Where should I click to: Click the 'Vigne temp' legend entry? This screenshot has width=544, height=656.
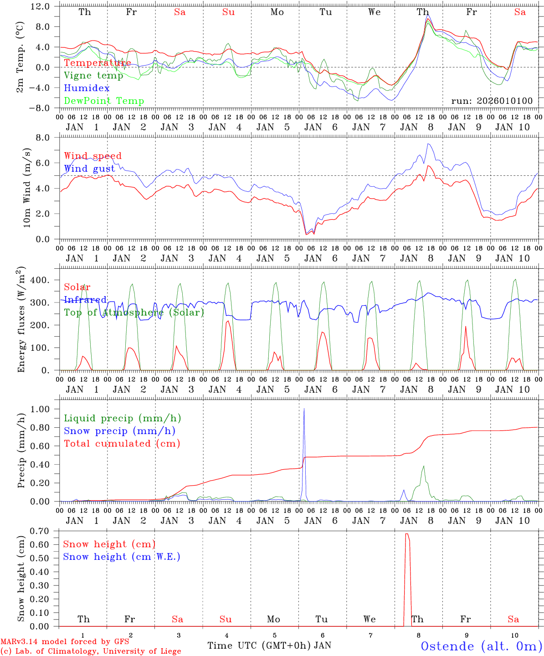(93, 76)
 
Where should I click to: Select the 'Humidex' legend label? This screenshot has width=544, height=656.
(87, 88)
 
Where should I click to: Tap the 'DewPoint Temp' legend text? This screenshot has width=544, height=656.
(104, 101)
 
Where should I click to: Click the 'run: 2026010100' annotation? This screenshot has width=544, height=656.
(492, 101)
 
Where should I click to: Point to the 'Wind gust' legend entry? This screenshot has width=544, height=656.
(89, 169)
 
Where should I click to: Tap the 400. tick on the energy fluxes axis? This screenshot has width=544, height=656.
(40, 280)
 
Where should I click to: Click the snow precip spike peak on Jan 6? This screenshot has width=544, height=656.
(304, 409)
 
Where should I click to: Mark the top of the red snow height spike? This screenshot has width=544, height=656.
(407, 534)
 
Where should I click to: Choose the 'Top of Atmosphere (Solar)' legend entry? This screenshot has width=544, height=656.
(134, 313)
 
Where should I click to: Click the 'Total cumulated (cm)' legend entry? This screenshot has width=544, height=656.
(122, 443)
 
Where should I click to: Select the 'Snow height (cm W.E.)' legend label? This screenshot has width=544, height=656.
(122, 557)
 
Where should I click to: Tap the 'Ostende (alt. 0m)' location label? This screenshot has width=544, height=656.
(481, 646)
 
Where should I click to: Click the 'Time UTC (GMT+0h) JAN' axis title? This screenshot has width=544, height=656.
(269, 646)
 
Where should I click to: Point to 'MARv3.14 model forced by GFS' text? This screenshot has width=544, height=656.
(65, 642)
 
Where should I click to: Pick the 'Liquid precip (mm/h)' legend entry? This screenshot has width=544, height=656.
(123, 418)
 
